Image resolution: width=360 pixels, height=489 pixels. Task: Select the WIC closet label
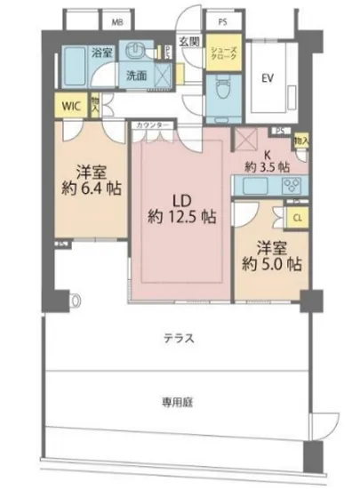pyautogui.click(x=70, y=105)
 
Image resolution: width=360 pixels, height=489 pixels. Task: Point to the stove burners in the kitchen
pyautogui.click(x=290, y=185)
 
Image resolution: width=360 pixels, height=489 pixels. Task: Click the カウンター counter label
pyautogui.click(x=152, y=126)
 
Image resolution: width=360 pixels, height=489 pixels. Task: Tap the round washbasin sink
pyautogui.click(x=137, y=52)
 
